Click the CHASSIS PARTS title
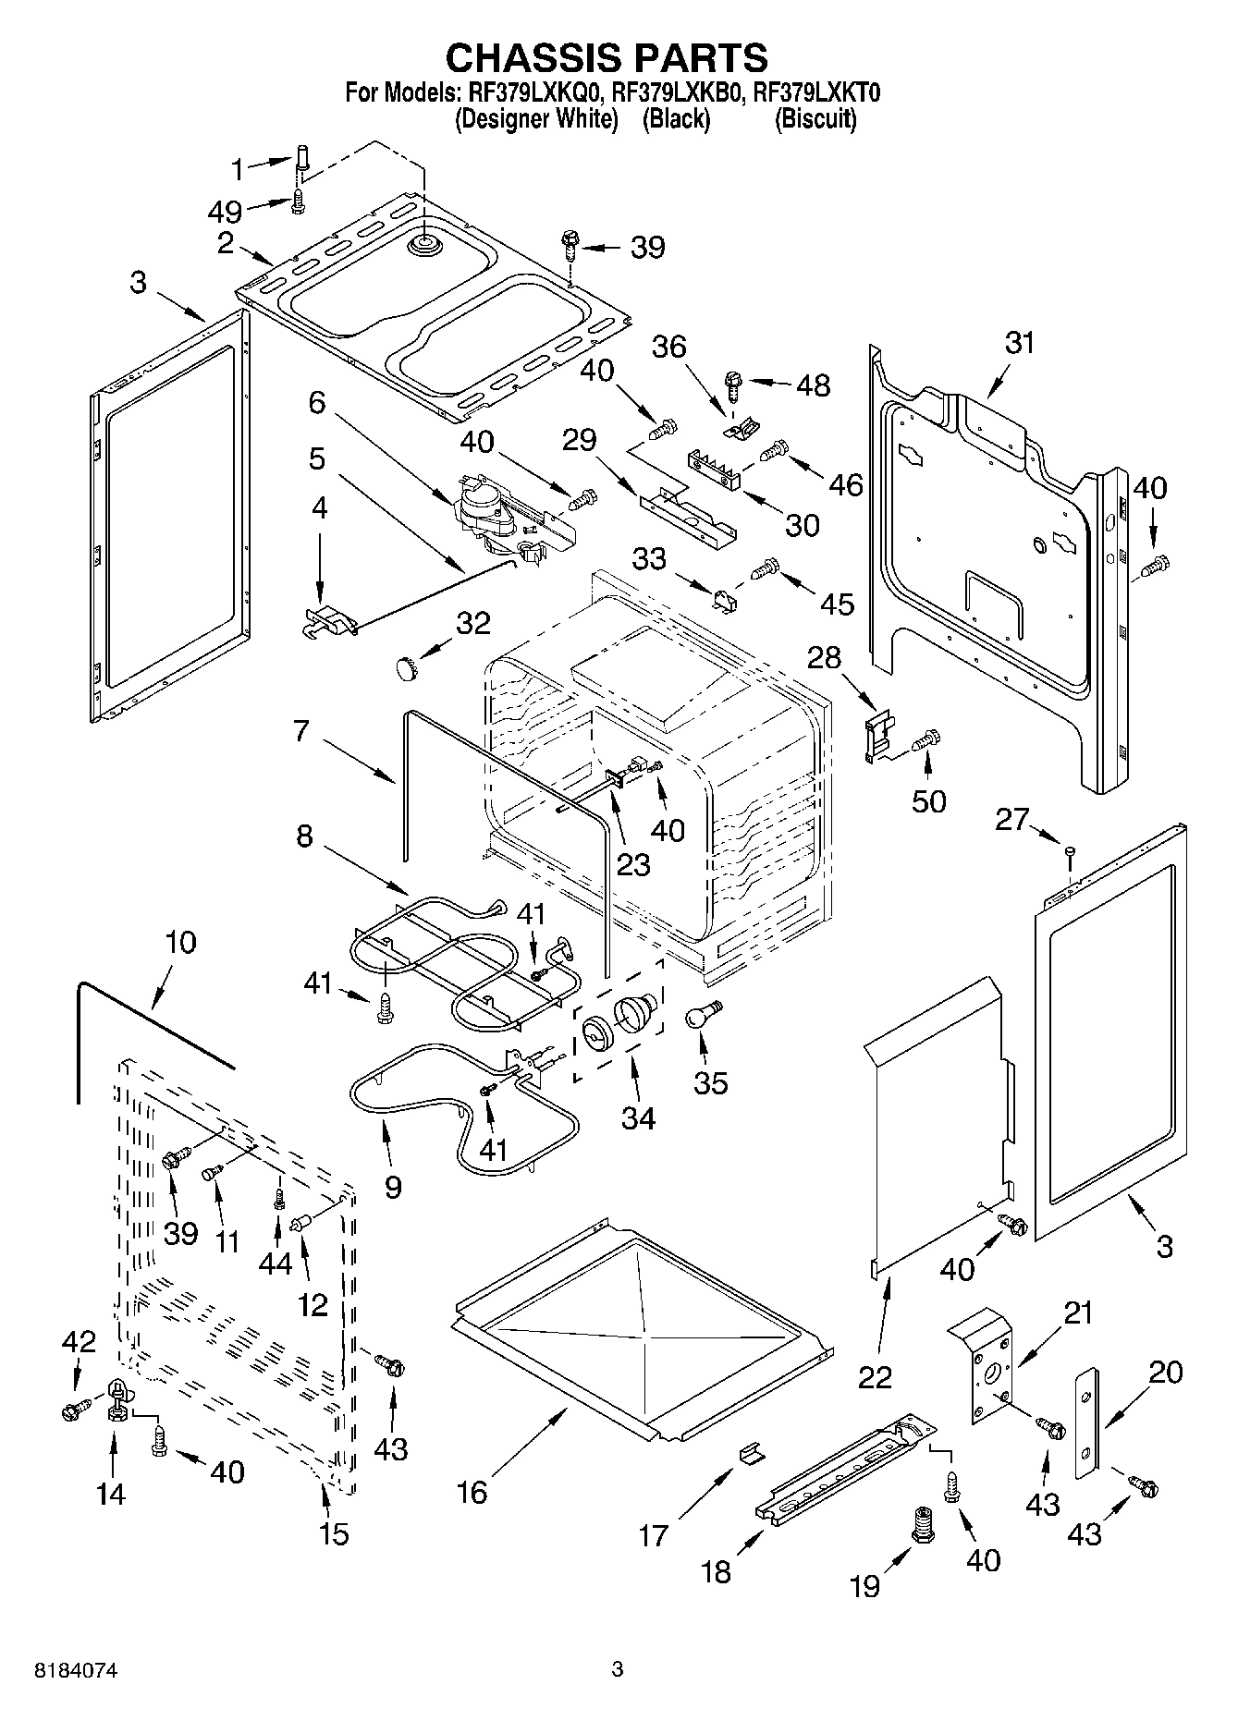tap(607, 57)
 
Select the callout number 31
tap(1019, 343)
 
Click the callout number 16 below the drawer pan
tap(472, 1492)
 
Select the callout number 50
tap(928, 800)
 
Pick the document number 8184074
tap(79, 1671)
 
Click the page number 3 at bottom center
tap(618, 1669)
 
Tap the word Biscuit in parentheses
tap(815, 119)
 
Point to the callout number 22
tap(875, 1376)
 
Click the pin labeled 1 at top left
tap(302, 158)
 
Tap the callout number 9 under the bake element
tap(392, 1187)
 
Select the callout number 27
tap(1012, 819)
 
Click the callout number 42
tap(78, 1342)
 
